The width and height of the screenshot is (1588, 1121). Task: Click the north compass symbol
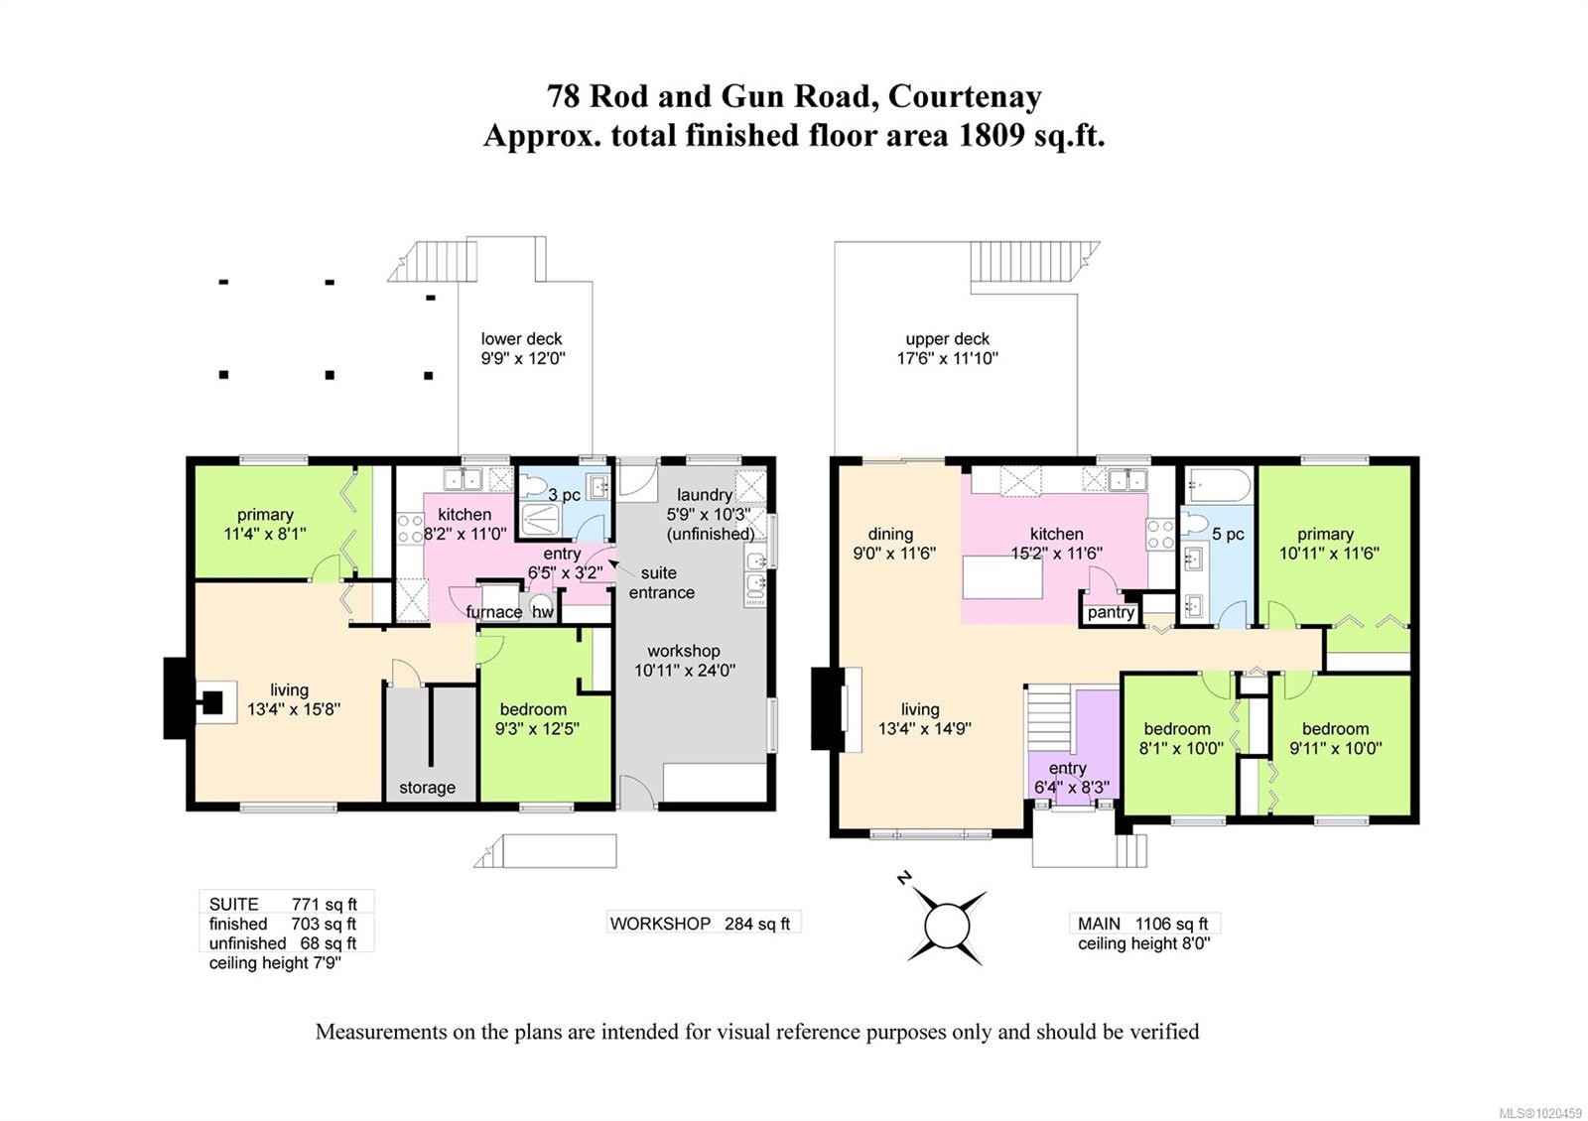coord(946,925)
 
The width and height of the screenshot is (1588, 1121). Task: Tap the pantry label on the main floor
coord(1110,612)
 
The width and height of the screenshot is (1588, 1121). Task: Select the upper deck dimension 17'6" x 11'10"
coord(947,359)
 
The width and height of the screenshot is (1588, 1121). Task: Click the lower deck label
coord(521,339)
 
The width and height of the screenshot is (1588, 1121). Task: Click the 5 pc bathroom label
coord(1228,534)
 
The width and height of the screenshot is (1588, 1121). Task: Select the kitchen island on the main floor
coord(1002,577)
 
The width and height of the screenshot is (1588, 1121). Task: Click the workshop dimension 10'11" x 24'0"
coord(684,671)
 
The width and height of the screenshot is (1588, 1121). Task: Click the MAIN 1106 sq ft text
coord(1143,924)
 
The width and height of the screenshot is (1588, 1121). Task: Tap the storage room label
coord(427,788)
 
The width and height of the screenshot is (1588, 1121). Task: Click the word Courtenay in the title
coord(964,96)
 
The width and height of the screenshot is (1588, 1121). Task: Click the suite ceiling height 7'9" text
coord(275,963)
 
